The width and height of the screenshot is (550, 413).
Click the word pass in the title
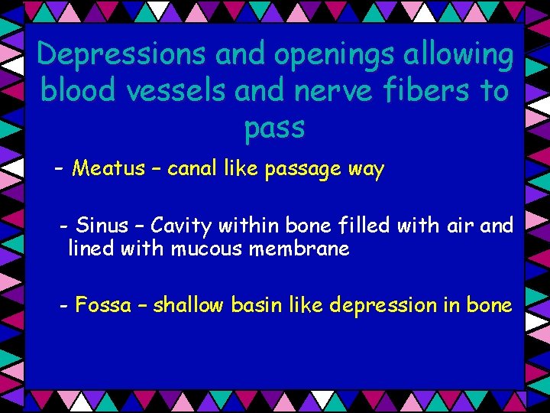[274, 128]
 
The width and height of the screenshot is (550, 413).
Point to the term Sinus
[103, 226]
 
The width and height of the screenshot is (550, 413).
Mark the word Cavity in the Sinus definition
[181, 226]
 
